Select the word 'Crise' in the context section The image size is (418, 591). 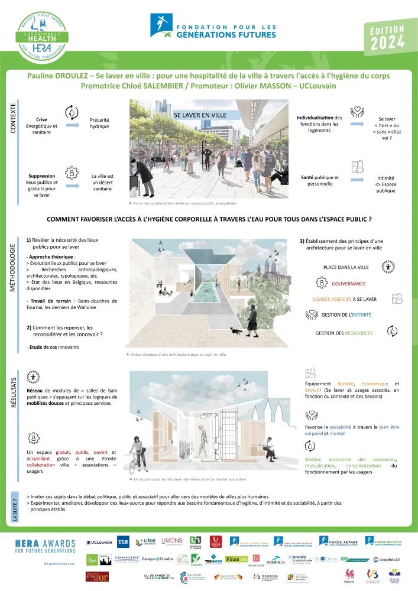(x=41, y=119)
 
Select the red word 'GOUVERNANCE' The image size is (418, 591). (x=365, y=283)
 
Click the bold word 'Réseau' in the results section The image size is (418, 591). (x=36, y=391)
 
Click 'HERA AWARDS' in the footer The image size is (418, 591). (x=44, y=542)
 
